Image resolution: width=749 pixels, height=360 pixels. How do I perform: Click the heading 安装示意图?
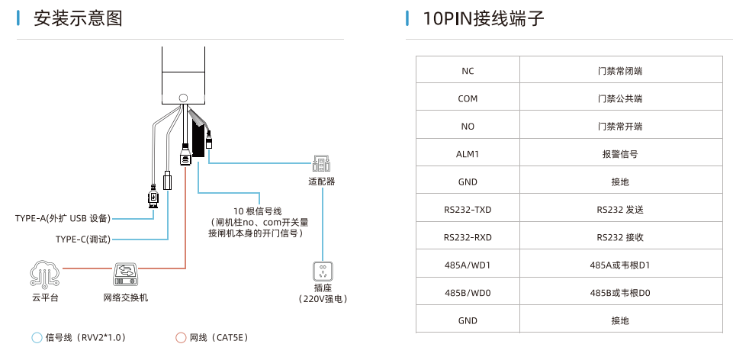(78, 19)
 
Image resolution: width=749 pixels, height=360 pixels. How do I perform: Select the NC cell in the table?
(468, 71)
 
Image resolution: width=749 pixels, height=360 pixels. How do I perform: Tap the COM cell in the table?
(468, 99)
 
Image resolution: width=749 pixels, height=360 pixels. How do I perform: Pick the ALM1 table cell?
(468, 154)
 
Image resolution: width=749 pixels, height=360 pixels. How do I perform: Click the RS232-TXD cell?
(468, 210)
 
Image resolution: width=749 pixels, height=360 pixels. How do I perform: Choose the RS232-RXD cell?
(468, 237)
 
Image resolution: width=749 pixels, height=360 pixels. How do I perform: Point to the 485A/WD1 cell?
(468, 265)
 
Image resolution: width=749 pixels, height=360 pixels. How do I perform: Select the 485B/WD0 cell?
(468, 293)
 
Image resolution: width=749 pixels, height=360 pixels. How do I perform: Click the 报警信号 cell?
(620, 154)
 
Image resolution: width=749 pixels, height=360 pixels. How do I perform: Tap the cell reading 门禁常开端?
(620, 127)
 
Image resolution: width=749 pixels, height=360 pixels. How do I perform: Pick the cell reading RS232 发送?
(620, 210)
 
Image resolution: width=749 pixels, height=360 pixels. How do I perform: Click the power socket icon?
(323, 271)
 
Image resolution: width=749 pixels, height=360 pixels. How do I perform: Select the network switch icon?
(126, 272)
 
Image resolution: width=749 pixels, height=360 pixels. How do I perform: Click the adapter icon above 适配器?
(321, 163)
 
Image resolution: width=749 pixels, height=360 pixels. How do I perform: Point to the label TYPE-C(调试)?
(83, 239)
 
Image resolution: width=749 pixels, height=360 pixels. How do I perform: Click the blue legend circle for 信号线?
(36, 337)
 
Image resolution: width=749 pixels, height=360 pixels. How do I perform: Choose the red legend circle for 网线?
(181, 337)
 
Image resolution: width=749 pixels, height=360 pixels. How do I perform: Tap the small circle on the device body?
(183, 98)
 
